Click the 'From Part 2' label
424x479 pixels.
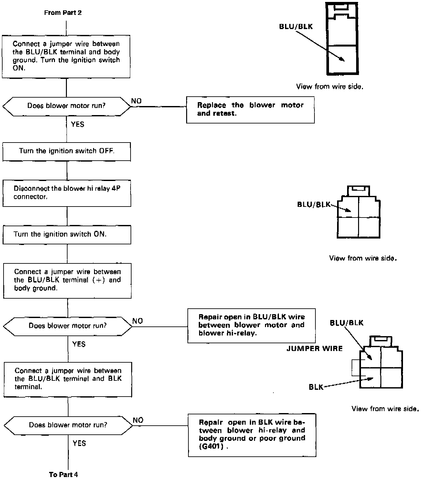coord(63,13)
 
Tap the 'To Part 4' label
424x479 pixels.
coord(63,474)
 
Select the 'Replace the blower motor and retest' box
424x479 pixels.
coord(250,110)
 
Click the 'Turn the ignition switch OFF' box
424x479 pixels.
coord(67,151)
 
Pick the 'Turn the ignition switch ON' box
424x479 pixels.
coord(67,234)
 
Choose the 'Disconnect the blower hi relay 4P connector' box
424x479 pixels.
coord(67,193)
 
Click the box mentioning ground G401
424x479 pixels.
coord(252,435)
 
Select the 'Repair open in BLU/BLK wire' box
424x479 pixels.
coord(251,325)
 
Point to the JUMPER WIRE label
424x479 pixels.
coord(314,348)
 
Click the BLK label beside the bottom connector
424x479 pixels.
coord(316,387)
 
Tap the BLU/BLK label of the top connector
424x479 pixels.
coord(296,27)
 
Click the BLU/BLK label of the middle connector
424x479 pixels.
coord(313,204)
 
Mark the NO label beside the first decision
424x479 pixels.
coord(136,101)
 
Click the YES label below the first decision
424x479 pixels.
coord(78,124)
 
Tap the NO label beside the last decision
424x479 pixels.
coord(138,420)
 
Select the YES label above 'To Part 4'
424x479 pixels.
coord(79,443)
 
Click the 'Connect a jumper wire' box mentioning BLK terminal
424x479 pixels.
coord(68,379)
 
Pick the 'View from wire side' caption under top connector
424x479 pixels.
coord(329,87)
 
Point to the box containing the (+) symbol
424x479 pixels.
coord(67,280)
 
